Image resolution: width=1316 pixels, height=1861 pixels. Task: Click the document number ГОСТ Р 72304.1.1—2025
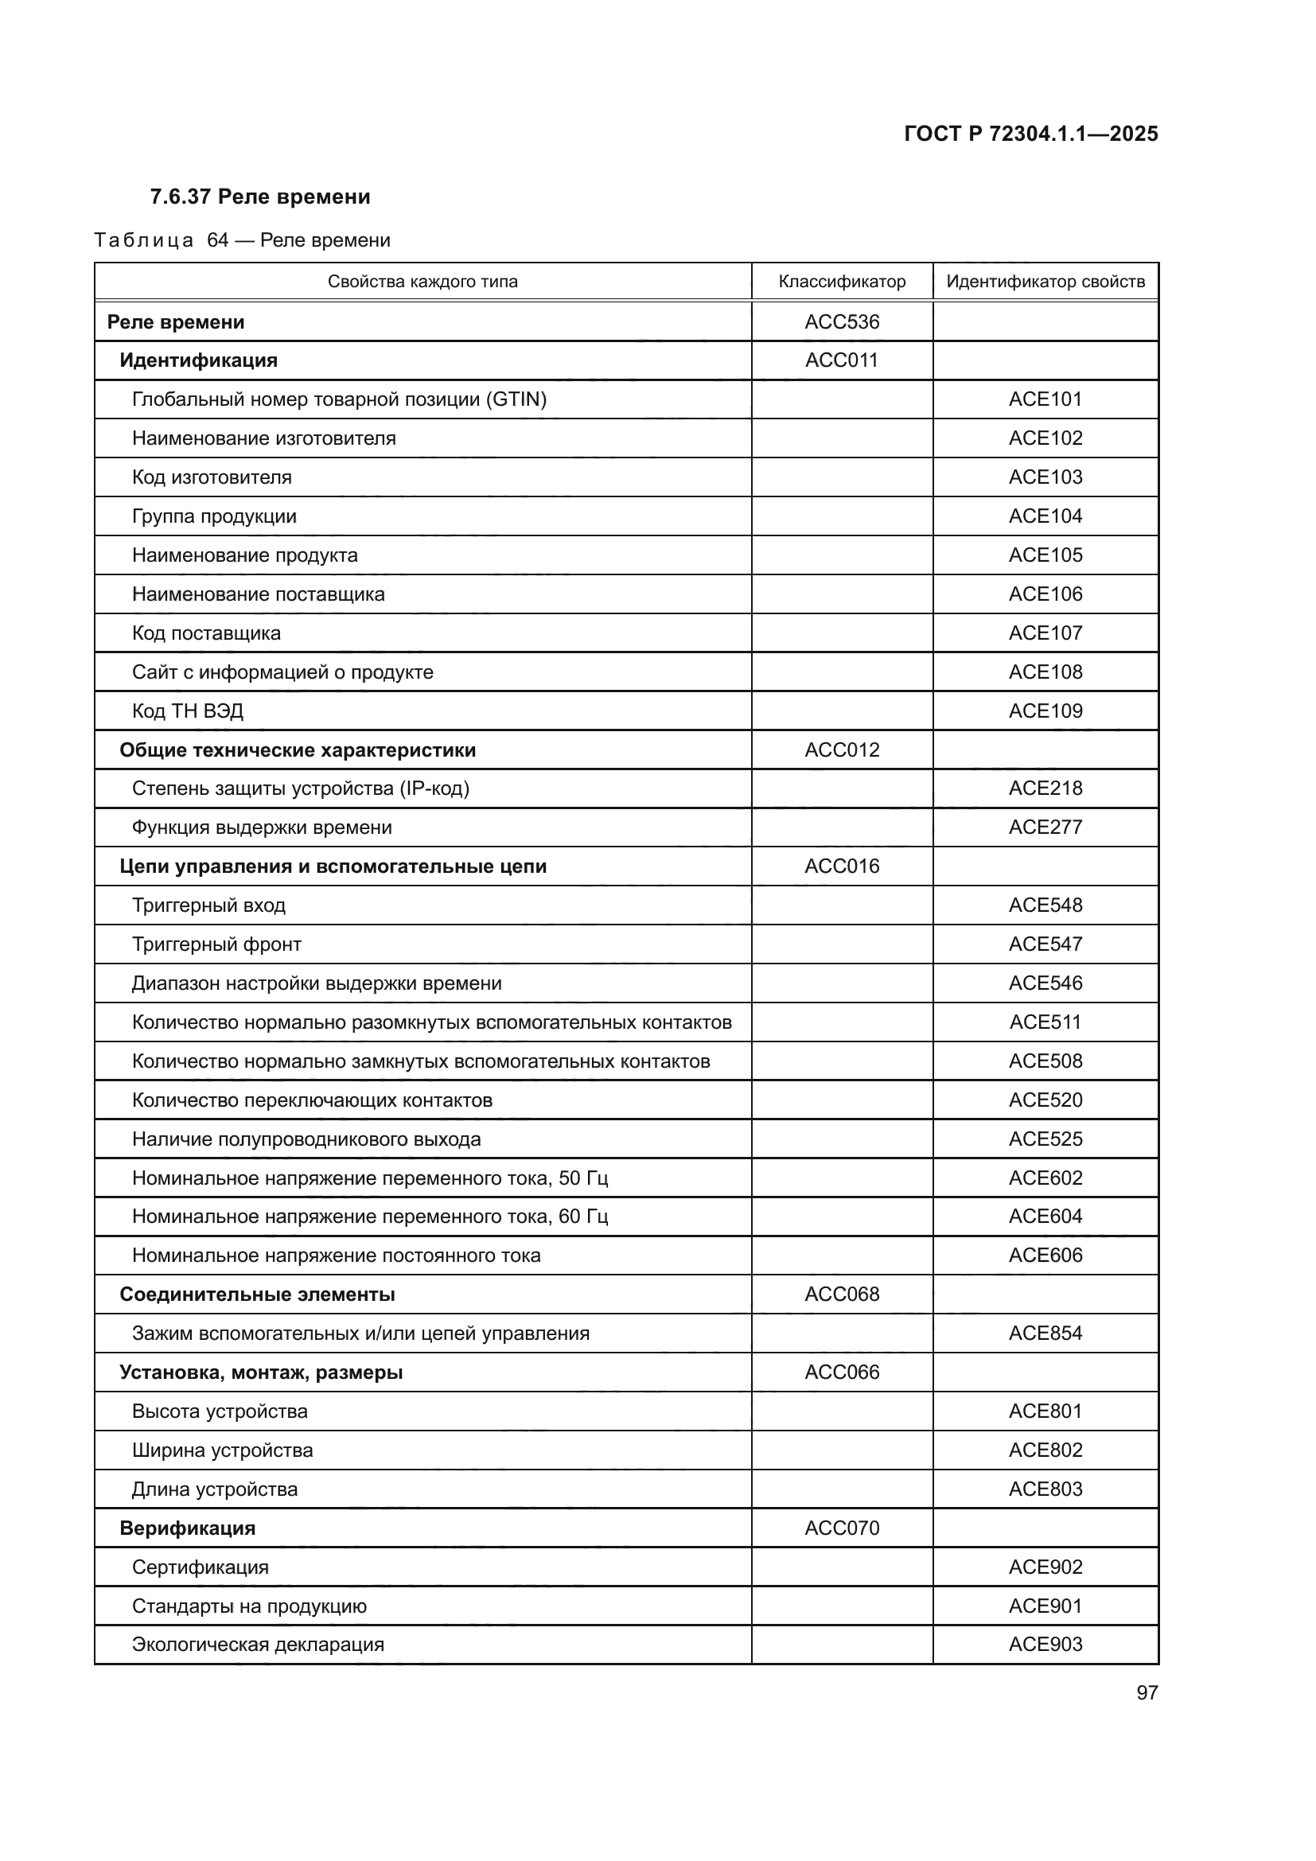[x=1030, y=134]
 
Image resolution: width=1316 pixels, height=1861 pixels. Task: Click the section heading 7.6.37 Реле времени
[x=260, y=197]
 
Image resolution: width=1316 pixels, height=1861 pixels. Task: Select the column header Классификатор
[x=841, y=282]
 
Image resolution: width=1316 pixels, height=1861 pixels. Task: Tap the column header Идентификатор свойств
[x=1045, y=282]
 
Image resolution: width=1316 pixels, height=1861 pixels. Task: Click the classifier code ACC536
[x=841, y=321]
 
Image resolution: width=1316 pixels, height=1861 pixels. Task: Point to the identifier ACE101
[x=1045, y=399]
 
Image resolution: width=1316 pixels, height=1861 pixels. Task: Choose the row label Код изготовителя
[x=212, y=477]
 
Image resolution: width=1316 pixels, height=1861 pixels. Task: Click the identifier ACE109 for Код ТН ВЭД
[x=1045, y=711]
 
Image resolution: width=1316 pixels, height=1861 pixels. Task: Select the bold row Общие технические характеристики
[x=298, y=750]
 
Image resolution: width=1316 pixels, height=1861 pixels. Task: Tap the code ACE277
[x=1045, y=827]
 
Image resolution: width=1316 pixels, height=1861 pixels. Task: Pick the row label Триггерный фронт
[x=216, y=944]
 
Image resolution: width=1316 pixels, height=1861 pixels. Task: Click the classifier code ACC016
[x=841, y=866]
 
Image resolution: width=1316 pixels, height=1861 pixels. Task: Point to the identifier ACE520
[x=1045, y=1100]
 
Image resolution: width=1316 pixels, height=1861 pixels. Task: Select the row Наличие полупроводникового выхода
[x=306, y=1139]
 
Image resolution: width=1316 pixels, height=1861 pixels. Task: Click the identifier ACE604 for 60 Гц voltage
[x=1045, y=1217]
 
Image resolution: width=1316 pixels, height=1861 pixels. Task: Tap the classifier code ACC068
[x=841, y=1295]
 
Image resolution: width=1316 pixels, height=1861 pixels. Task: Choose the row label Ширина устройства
[x=222, y=1450]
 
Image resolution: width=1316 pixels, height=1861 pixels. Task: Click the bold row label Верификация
[x=187, y=1528]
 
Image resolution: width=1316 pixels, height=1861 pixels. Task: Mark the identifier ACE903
[x=1045, y=1645]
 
